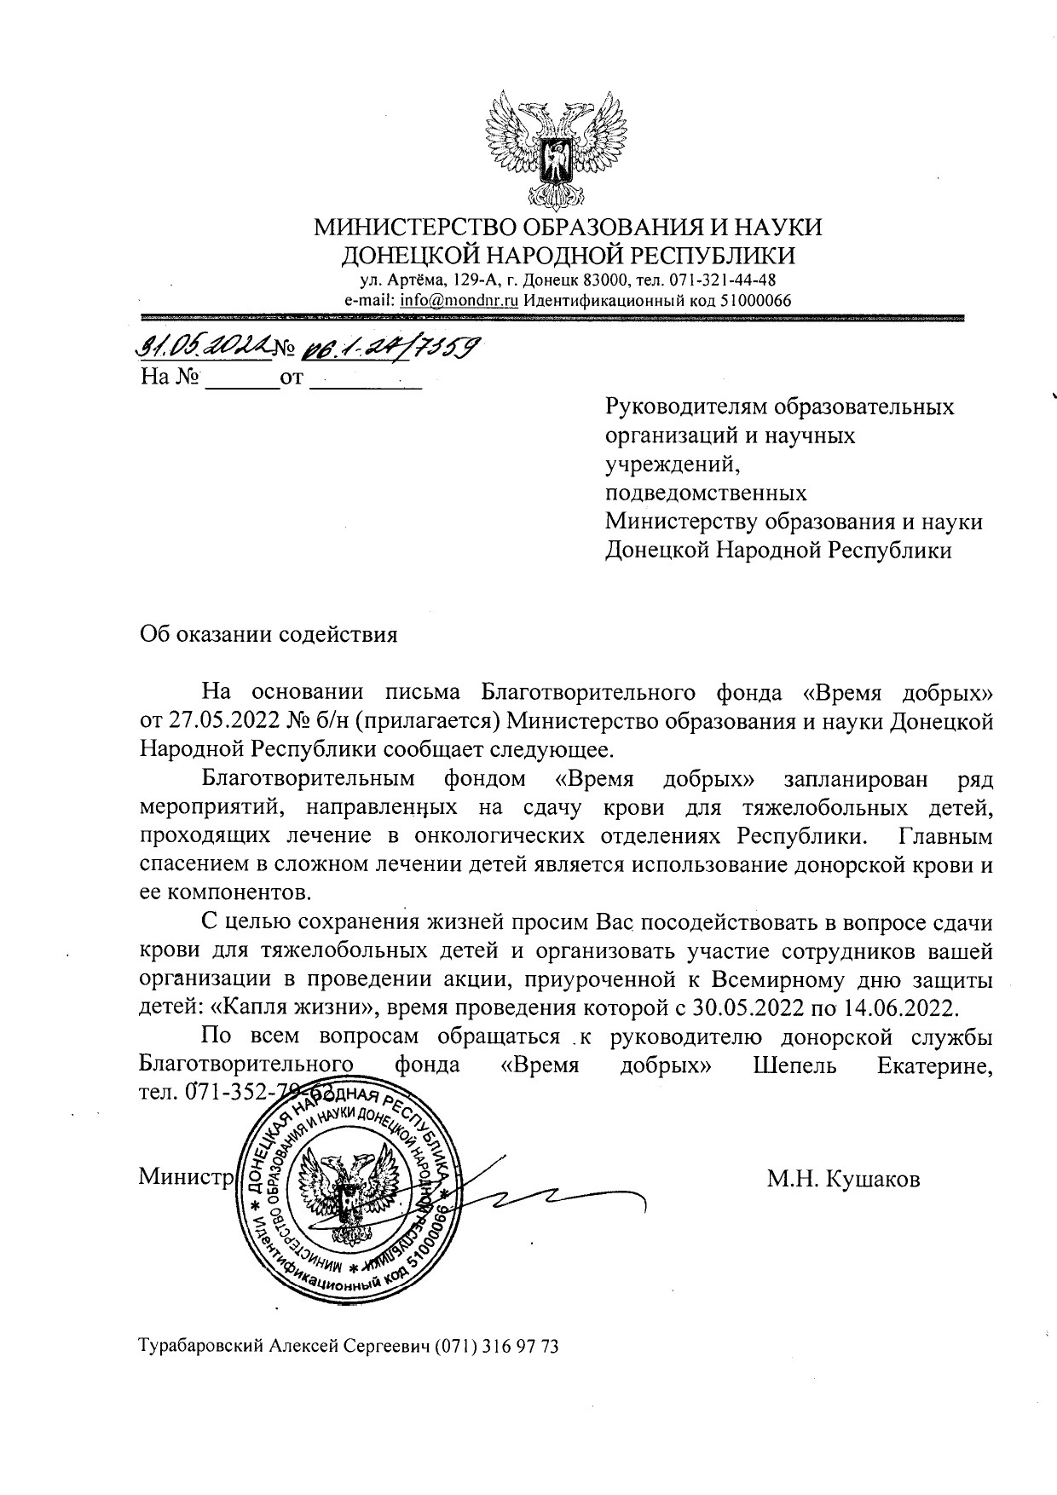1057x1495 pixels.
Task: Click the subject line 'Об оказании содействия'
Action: [268, 635]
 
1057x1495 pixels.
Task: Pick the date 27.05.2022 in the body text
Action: [221, 721]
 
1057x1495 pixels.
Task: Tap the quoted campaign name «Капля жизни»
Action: [295, 1007]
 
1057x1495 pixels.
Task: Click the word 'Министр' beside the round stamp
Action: [185, 1178]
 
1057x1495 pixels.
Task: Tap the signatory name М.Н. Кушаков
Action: [843, 1180]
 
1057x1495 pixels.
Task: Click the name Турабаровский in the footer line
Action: [201, 1371]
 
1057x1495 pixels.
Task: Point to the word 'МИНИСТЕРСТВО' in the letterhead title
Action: [415, 228]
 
